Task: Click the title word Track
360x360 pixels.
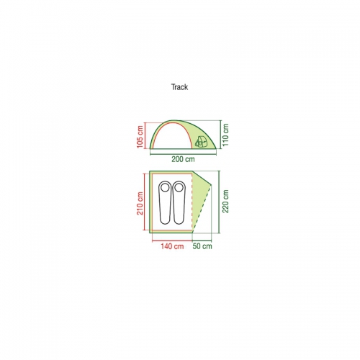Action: point(179,87)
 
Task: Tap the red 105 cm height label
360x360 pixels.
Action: point(140,137)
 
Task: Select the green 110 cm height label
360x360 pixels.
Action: point(225,135)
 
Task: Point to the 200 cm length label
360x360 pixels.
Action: point(183,159)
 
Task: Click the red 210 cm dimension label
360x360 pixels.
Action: point(140,204)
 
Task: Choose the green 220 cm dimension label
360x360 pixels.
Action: point(225,202)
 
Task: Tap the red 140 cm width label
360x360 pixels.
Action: point(172,246)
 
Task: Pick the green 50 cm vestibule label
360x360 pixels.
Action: point(202,246)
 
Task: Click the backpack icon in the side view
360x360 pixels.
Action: point(201,142)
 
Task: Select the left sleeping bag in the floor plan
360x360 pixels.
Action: point(165,203)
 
